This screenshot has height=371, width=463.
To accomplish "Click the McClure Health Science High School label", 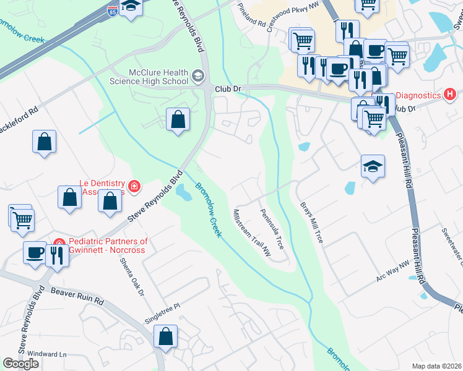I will pyautogui.click(x=149, y=76).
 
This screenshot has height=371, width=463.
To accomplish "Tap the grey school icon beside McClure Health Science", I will pyautogui.click(x=198, y=76).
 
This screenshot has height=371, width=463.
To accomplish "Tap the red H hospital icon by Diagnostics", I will pyautogui.click(x=450, y=95).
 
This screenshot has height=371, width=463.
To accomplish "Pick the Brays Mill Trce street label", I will pyautogui.click(x=311, y=221).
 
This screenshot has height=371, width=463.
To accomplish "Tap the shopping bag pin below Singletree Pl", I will pyautogui.click(x=166, y=337).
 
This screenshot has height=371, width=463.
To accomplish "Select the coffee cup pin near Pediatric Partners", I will pyautogui.click(x=34, y=252).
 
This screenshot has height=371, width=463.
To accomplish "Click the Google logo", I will pyautogui.click(x=21, y=363).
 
